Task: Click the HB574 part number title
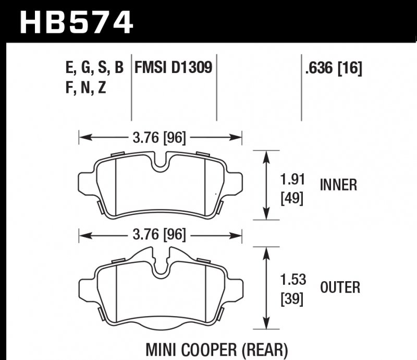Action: (76, 22)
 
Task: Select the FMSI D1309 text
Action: (174, 68)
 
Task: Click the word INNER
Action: (338, 185)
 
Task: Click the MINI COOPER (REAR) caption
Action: (220, 347)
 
